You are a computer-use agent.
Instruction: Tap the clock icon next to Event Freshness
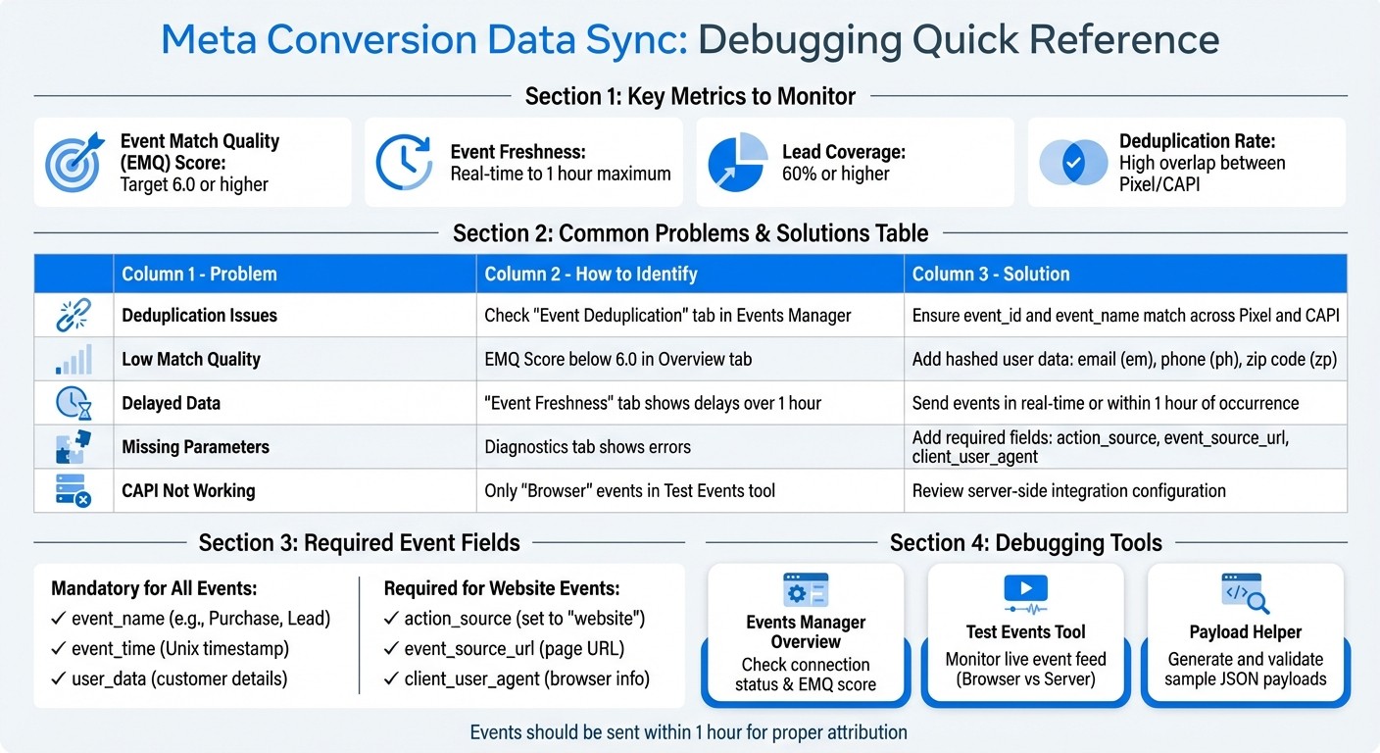404,162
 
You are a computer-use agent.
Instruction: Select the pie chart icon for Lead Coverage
736,162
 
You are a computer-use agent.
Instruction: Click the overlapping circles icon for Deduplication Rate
1071,162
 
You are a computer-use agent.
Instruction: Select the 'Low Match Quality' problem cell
191,359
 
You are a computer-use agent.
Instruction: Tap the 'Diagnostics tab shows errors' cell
588,447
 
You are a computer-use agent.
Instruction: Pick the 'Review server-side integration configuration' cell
1068,490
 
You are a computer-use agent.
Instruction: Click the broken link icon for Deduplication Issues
74,316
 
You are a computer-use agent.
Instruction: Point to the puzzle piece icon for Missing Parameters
74,447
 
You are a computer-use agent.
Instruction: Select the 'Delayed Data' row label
171,403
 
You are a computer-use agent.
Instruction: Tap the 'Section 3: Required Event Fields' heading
359,542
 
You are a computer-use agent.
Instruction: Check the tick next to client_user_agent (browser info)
391,678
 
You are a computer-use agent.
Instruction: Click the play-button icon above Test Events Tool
1025,589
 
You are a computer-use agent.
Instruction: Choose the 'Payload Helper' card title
1245,632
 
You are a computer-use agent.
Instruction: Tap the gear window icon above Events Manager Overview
806,591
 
